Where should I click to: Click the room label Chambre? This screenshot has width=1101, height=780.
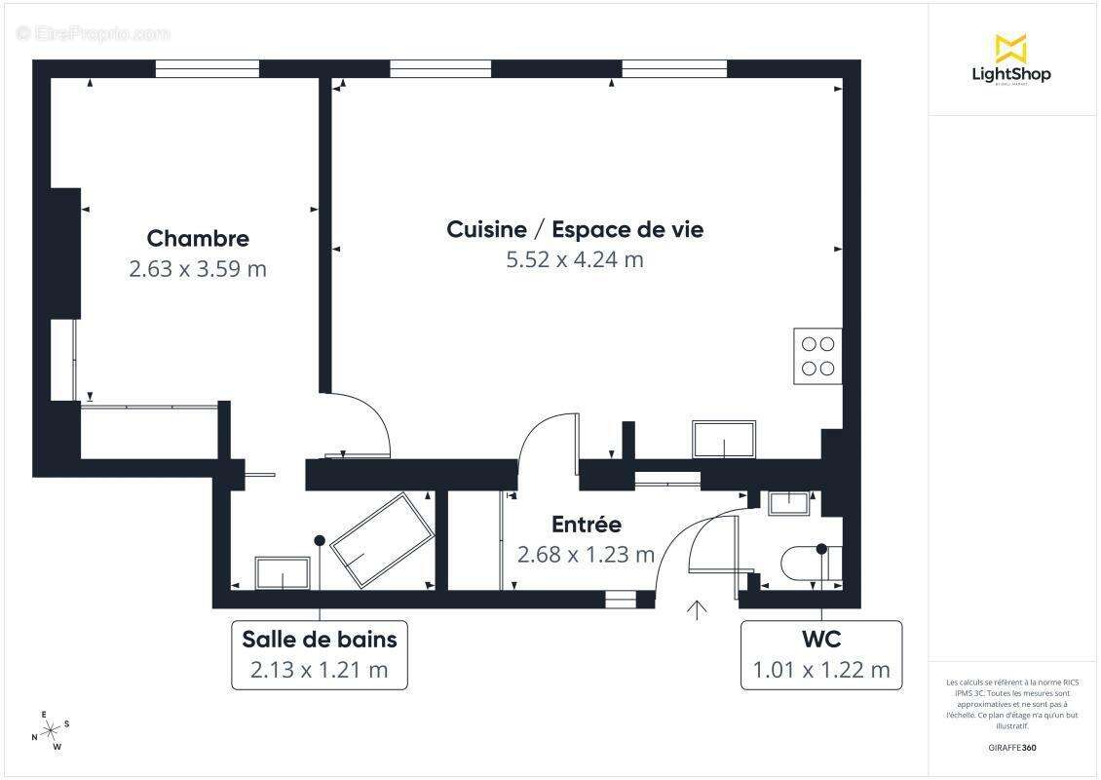pos(198,238)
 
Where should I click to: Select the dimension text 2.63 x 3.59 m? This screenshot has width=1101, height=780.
pos(198,269)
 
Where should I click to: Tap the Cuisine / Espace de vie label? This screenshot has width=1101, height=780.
pos(575,229)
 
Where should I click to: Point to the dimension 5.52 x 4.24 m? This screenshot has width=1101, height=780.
pos(575,259)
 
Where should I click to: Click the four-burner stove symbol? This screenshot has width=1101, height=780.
pos(817,356)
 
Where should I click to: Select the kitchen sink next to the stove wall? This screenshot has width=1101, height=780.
pos(723,440)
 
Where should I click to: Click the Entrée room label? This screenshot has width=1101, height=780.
pos(586,525)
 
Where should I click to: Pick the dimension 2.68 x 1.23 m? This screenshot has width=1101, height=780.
pos(586,555)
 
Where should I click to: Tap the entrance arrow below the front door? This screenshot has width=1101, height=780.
pos(697,610)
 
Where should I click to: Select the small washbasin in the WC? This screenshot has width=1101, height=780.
pos(788,503)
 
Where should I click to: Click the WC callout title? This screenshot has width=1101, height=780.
pos(820,640)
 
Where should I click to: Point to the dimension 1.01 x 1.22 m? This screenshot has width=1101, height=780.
pos(820,670)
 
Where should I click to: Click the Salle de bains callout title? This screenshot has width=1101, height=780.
pos(320,640)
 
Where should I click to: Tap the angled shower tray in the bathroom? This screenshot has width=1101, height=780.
pos(382,540)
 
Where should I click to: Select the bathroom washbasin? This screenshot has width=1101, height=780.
pos(283,572)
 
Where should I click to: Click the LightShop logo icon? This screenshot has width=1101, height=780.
pos(1010,48)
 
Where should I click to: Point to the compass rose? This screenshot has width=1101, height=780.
pos(51,729)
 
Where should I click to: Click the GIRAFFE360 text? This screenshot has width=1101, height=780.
pos(1013,748)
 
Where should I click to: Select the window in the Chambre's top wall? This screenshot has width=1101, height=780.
pos(208,69)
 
